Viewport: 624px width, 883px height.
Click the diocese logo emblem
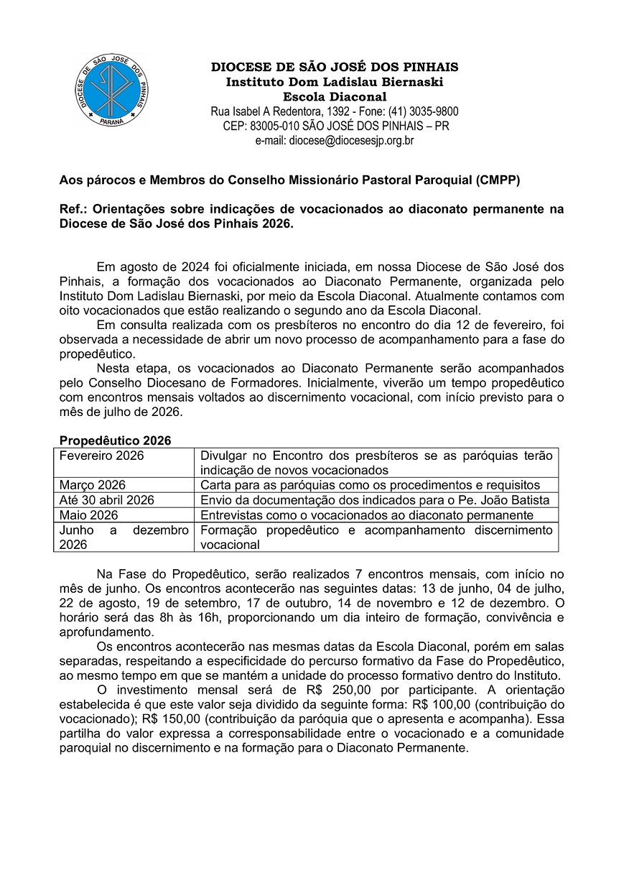(x=112, y=91)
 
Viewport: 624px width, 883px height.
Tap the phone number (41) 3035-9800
(x=424, y=111)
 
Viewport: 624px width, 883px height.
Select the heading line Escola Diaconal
(x=335, y=97)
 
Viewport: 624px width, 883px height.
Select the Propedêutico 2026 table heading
(x=115, y=440)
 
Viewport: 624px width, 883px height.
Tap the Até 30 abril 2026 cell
(x=107, y=500)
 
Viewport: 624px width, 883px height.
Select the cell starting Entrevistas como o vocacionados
(x=367, y=515)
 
